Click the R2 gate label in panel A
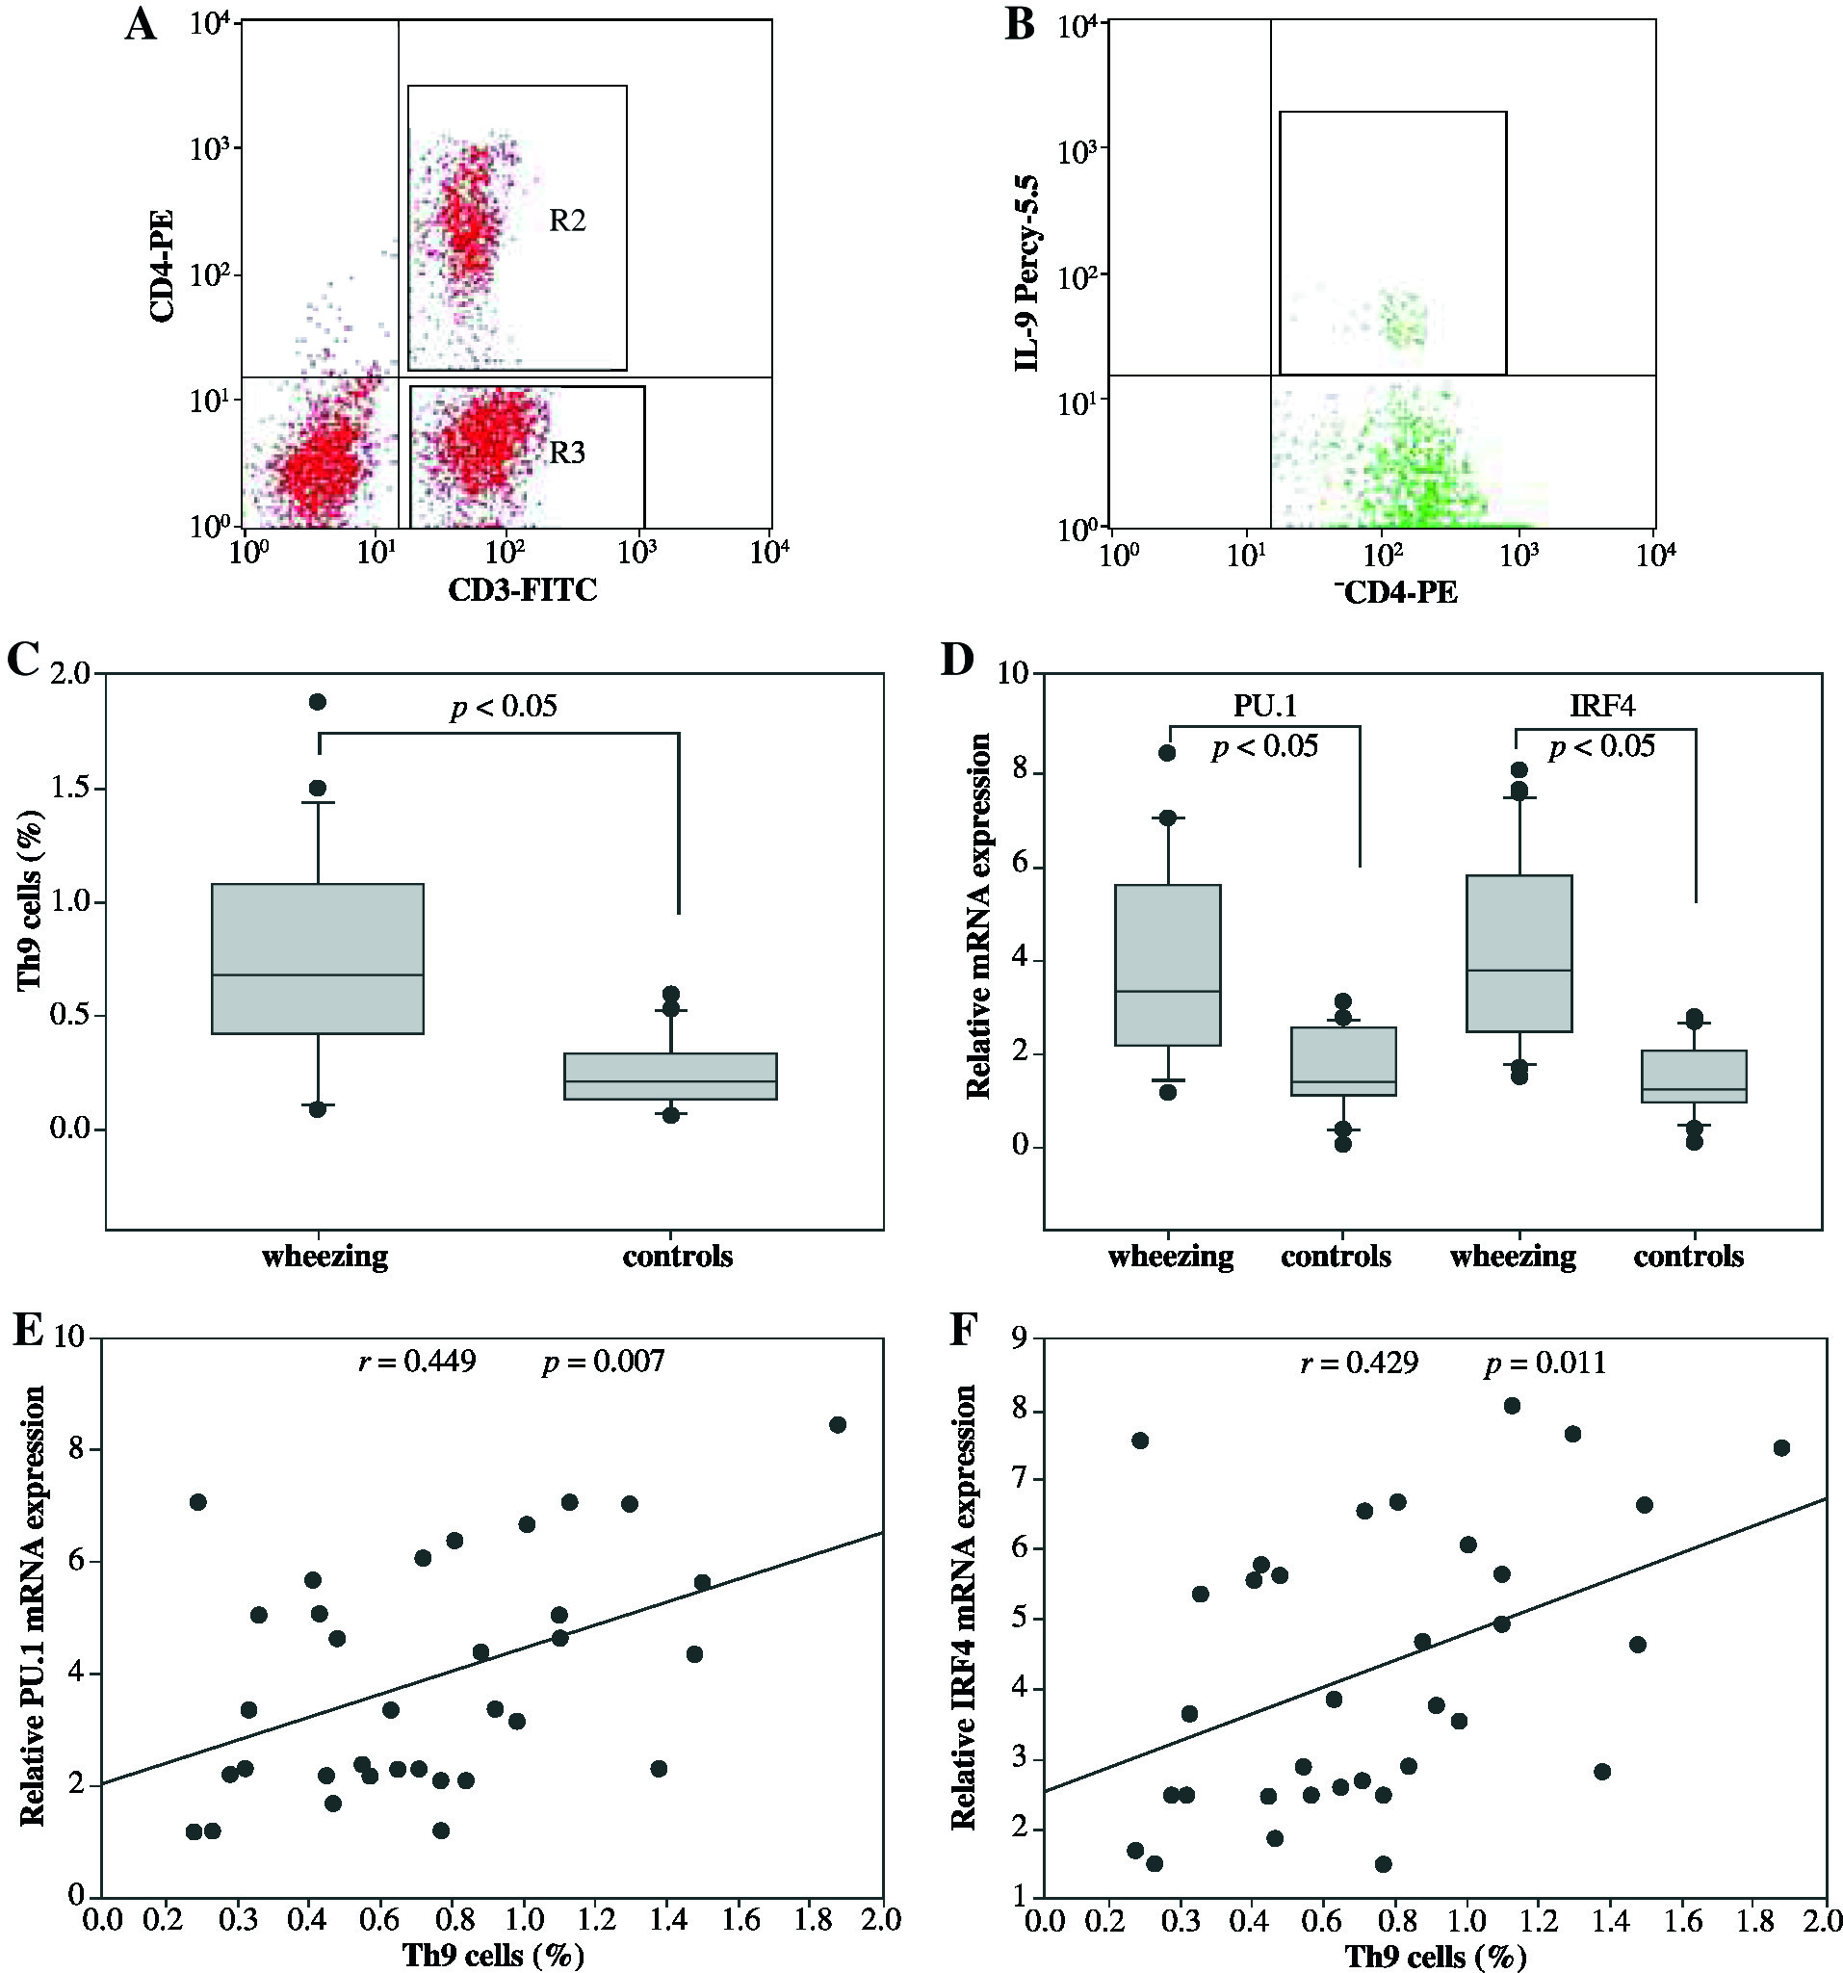tap(568, 221)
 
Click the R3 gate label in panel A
tap(568, 454)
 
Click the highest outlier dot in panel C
tap(318, 702)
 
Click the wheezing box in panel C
tap(318, 958)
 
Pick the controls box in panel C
tap(671, 1077)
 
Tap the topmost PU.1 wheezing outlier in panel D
tap(1168, 753)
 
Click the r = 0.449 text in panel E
tap(417, 1361)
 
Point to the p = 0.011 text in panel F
tap(1545, 1363)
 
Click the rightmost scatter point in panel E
tap(838, 1424)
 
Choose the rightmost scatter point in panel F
tap(1781, 1448)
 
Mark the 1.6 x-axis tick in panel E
tap(740, 1918)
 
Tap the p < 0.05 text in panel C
tap(504, 707)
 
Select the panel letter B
tap(1020, 25)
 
